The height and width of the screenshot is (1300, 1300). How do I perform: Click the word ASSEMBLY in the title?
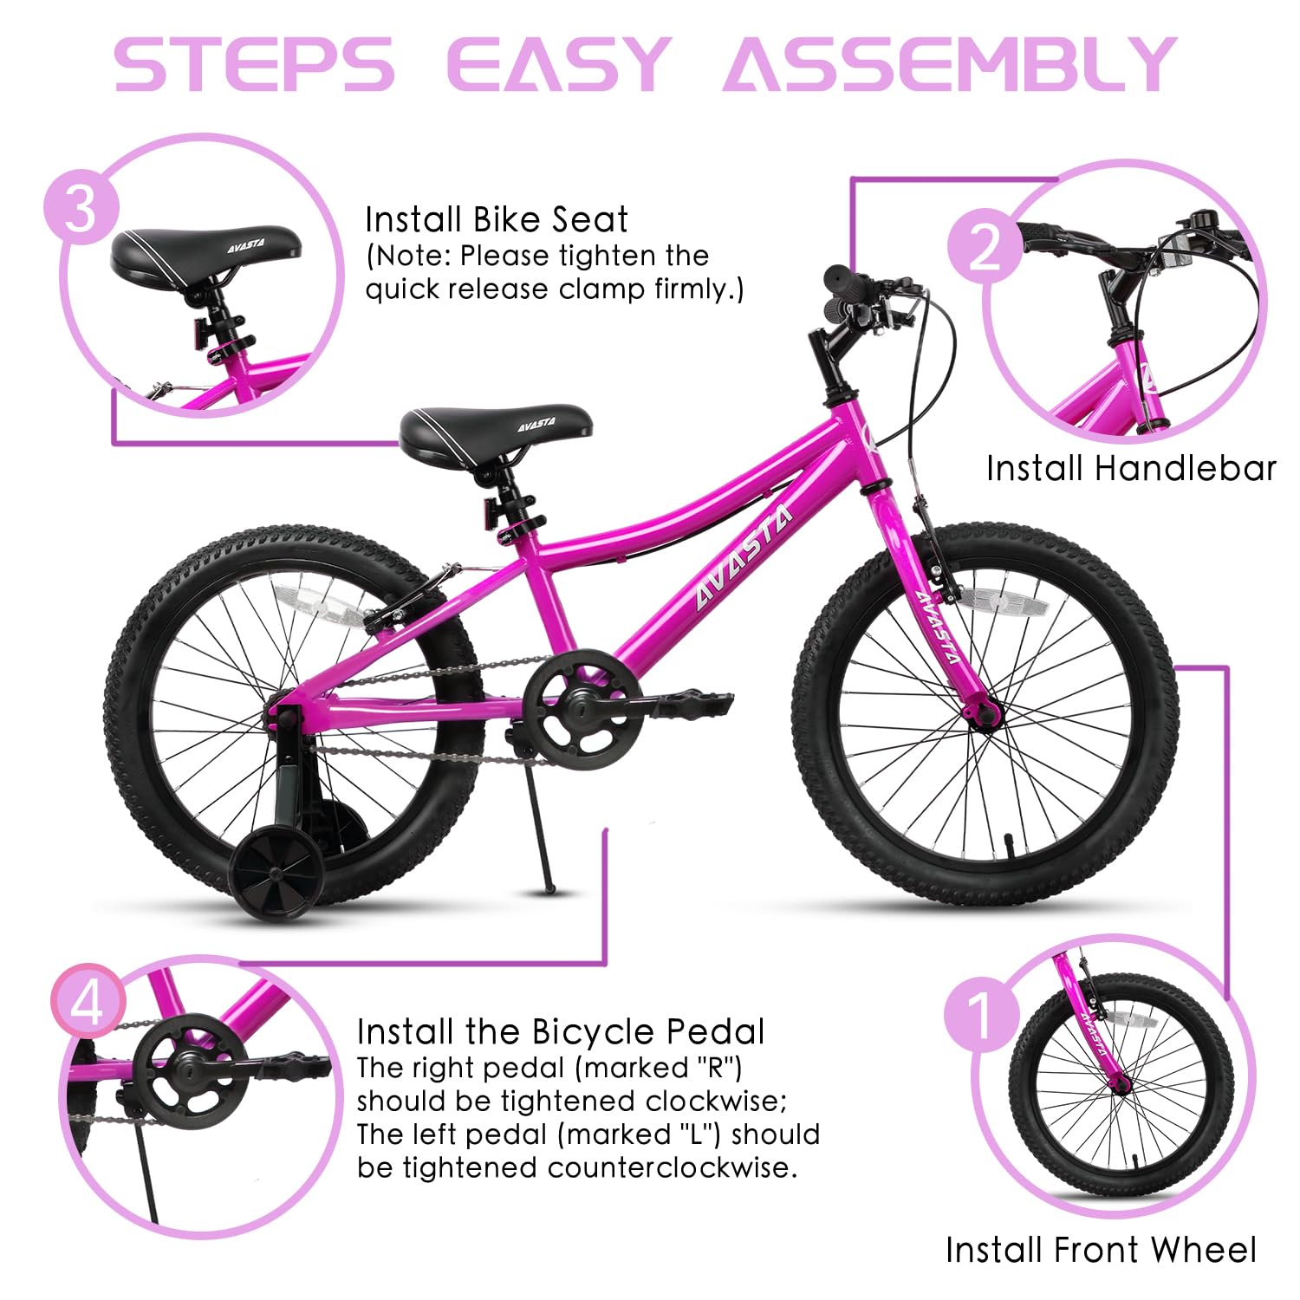(950, 64)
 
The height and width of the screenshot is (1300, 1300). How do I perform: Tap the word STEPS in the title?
(253, 64)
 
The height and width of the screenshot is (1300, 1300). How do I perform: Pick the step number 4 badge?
(88, 1003)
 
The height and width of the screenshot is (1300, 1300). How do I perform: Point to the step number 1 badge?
(982, 1014)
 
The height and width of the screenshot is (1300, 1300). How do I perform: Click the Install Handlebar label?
(1131, 469)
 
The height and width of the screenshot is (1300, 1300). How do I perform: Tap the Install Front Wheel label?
(1101, 1250)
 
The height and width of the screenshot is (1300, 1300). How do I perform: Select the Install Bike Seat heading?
(496, 219)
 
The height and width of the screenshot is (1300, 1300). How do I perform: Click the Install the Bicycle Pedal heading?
(561, 1032)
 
